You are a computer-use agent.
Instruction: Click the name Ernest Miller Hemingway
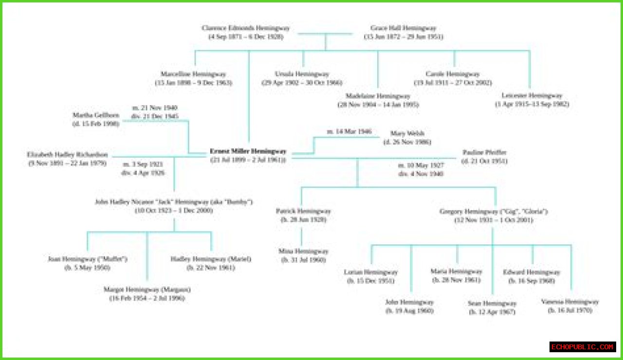click(x=248, y=151)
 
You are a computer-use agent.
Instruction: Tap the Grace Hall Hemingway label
click(x=403, y=28)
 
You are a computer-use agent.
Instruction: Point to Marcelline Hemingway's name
click(x=193, y=74)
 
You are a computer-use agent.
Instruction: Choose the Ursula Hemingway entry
click(x=302, y=74)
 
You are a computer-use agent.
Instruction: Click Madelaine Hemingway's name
click(x=378, y=96)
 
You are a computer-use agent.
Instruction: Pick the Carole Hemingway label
click(x=453, y=74)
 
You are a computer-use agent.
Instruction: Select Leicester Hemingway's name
click(x=532, y=95)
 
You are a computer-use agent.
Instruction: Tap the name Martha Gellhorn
click(x=96, y=115)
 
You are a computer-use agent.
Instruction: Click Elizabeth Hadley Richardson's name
click(x=67, y=154)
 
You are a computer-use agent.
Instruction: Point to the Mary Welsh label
click(x=407, y=133)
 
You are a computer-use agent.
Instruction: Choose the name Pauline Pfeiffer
click(x=484, y=152)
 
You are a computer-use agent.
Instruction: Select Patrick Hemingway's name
click(x=303, y=211)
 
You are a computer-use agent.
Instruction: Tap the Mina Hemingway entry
click(x=303, y=251)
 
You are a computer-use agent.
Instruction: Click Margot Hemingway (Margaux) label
click(x=147, y=289)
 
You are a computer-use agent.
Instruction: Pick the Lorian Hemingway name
click(x=371, y=272)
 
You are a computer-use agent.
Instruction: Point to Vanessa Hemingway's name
click(x=570, y=302)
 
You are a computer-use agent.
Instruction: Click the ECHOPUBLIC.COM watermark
click(x=583, y=347)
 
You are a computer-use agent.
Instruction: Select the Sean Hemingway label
click(x=492, y=303)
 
